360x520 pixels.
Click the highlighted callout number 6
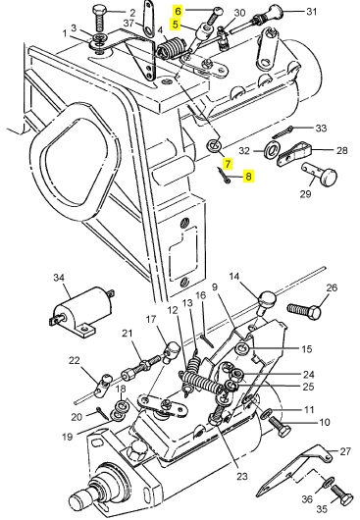coord(179,11)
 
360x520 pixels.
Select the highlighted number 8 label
coord(248,176)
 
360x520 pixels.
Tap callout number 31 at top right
coord(311,12)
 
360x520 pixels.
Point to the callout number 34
coord(59,278)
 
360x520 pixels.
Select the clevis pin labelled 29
coord(319,174)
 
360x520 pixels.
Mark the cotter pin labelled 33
coord(283,131)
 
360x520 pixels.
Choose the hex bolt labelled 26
coord(304,311)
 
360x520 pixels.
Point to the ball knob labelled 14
coord(267,300)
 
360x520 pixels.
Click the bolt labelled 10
coord(280,427)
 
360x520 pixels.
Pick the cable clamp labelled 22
coord(102,385)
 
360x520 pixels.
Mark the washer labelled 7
coord(214,145)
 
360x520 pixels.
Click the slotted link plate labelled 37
coord(147,18)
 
